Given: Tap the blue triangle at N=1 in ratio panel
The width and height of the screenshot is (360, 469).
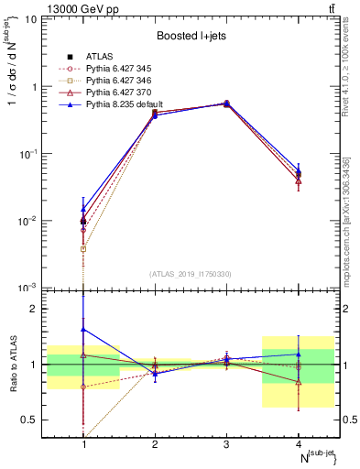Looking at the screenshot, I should pos(83,329).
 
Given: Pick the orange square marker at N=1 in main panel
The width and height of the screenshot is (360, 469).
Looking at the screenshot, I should pos(83,248).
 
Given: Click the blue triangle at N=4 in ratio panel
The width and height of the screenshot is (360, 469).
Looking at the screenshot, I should pos(299,354).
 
